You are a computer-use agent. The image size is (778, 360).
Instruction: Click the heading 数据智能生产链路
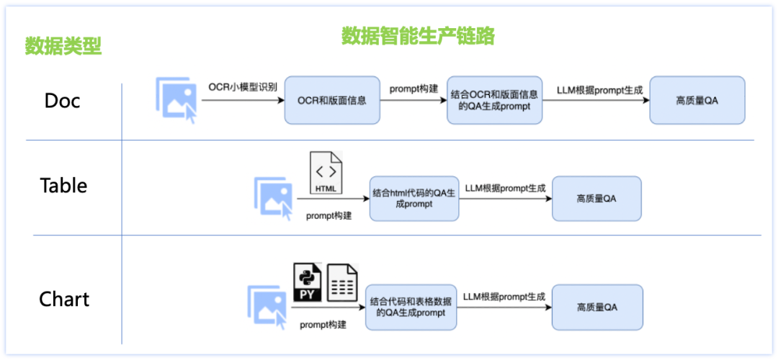tap(418, 35)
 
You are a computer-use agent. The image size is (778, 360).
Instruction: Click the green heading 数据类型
tap(63, 46)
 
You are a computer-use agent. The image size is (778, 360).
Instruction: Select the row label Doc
tap(62, 100)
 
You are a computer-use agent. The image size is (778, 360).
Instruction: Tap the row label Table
tap(63, 186)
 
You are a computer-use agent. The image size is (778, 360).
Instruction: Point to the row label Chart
tap(64, 299)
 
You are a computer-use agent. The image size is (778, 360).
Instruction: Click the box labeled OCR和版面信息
tap(331, 100)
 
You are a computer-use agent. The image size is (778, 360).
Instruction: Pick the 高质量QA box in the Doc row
tap(697, 100)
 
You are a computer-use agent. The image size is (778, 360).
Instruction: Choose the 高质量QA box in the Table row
tap(596, 199)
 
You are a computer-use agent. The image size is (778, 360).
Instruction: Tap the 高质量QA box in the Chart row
tap(596, 307)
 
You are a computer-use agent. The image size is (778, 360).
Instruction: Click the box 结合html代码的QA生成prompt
tap(414, 199)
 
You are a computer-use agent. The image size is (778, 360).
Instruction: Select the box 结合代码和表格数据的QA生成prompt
tap(411, 307)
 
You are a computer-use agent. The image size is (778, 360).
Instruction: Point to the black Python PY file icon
tap(307, 282)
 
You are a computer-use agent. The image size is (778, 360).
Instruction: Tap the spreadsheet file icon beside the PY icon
tap(342, 282)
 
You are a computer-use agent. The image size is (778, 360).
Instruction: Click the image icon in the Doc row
tap(176, 99)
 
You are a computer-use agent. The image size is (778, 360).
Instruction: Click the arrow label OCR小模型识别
tap(243, 88)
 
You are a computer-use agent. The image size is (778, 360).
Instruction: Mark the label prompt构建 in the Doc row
tap(414, 89)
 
